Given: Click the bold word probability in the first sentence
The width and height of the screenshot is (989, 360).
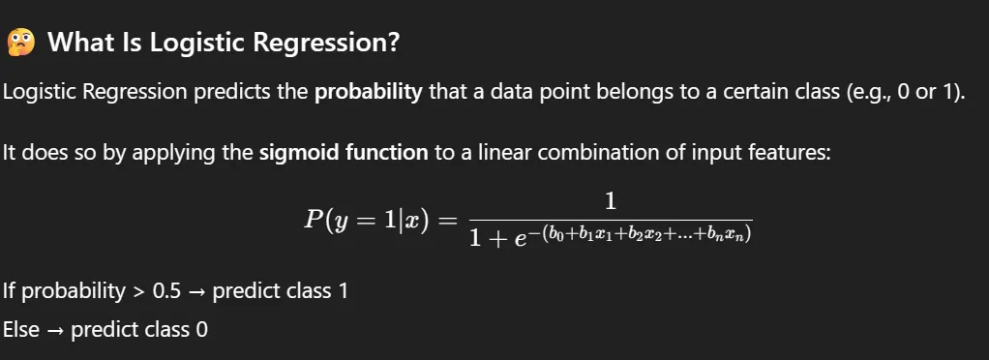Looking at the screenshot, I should point(369,94).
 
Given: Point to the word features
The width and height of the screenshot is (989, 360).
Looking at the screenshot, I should point(789,153).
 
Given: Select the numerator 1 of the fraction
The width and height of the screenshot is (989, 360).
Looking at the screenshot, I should point(610,200).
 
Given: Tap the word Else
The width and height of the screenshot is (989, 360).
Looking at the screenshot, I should point(21,329).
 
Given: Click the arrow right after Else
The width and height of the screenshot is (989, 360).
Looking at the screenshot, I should point(55,329).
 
